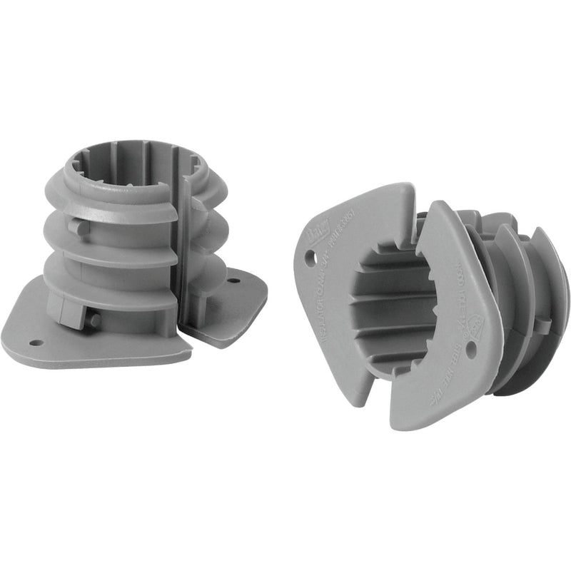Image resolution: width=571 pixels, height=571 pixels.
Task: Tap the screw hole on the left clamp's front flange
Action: pyautogui.click(x=36, y=343)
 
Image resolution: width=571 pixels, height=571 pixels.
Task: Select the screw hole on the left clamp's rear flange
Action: pyautogui.click(x=233, y=281)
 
